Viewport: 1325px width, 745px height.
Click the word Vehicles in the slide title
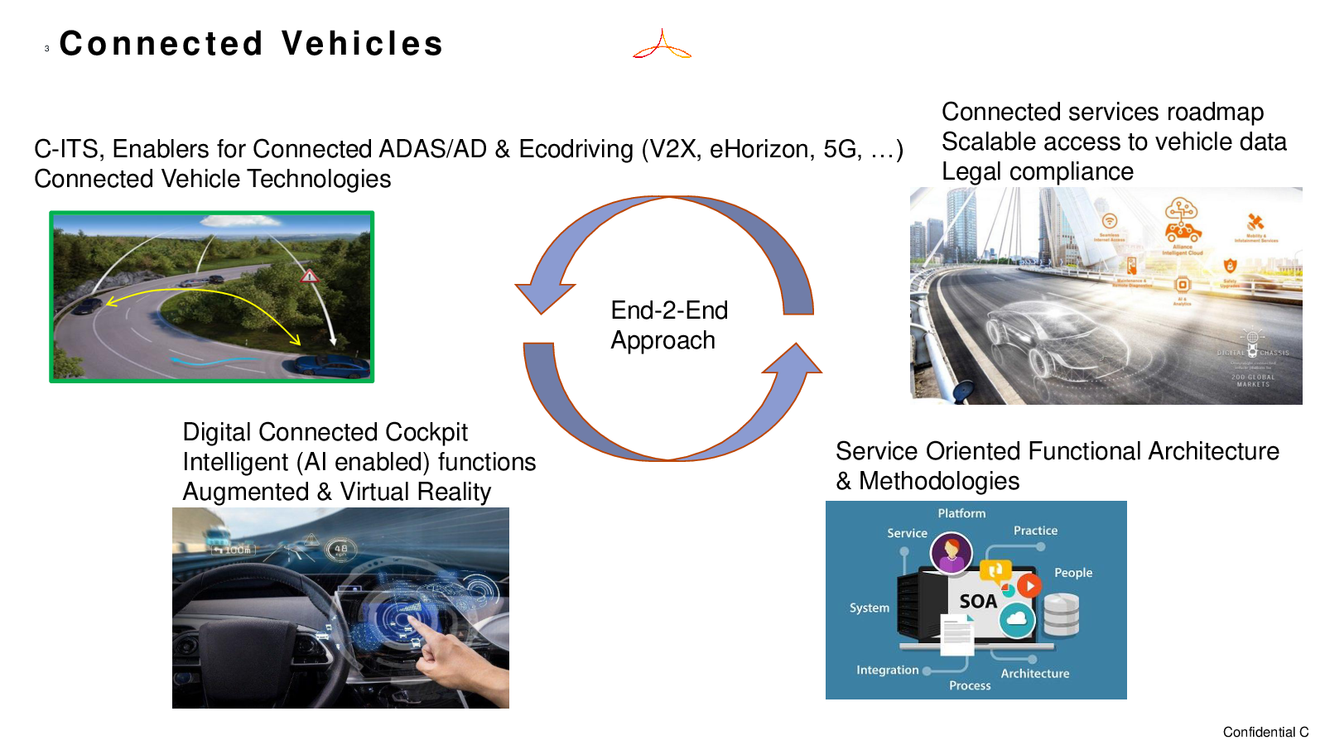point(362,44)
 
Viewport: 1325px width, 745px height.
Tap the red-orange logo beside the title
point(662,45)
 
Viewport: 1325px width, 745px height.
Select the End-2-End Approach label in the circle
point(668,325)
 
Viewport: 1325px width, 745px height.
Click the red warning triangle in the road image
point(309,276)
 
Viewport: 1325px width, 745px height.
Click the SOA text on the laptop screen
point(977,602)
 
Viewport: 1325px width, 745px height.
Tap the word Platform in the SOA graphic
point(961,513)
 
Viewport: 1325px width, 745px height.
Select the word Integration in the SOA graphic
point(887,670)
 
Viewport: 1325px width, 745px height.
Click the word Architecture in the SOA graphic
point(1034,674)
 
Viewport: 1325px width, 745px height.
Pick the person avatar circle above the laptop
point(951,552)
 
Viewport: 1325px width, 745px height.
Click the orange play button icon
point(1029,586)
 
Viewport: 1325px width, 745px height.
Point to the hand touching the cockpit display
point(447,654)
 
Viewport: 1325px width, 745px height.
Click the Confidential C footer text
point(1265,732)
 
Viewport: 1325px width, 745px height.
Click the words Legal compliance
point(1037,171)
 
